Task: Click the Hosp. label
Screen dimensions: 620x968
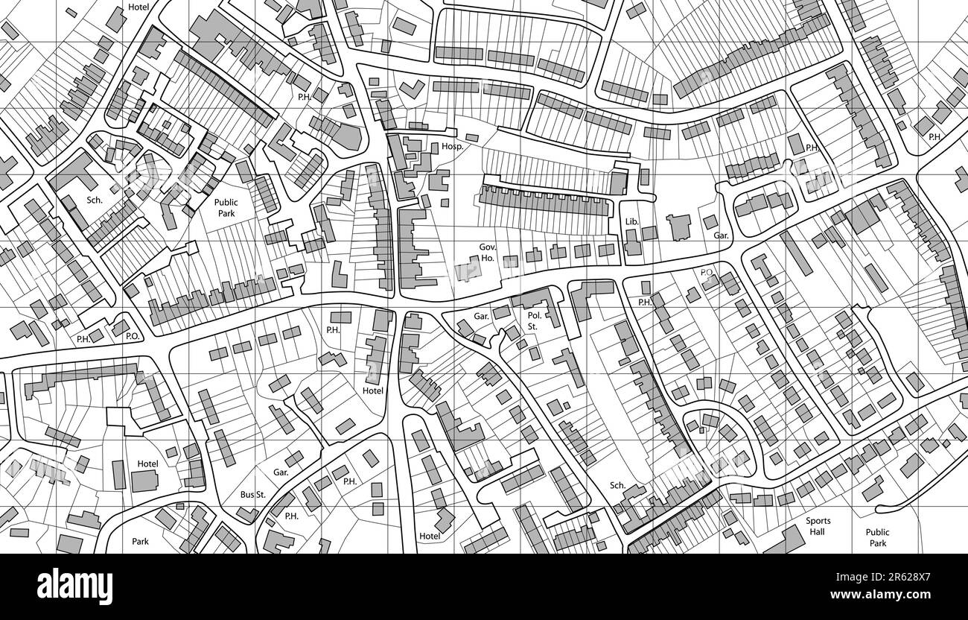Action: [x=452, y=147]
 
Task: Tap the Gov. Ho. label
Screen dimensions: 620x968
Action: [x=487, y=251]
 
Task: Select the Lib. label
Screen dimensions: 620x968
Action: [x=632, y=221]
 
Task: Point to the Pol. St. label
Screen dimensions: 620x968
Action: [x=533, y=320]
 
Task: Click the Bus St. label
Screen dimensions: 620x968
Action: [x=252, y=495]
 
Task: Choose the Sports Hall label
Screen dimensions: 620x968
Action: [x=818, y=526]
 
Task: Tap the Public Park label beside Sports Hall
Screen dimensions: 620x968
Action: [x=877, y=537]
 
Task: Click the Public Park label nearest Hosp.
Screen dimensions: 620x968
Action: [x=226, y=207]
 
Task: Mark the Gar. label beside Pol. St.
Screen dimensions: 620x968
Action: [x=482, y=316]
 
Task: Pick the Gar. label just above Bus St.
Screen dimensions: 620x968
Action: [x=281, y=472]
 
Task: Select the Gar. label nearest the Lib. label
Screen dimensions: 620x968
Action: [x=720, y=235]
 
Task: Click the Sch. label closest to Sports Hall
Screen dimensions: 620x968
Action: [x=617, y=486]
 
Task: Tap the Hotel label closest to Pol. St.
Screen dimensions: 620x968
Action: [x=373, y=390]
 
